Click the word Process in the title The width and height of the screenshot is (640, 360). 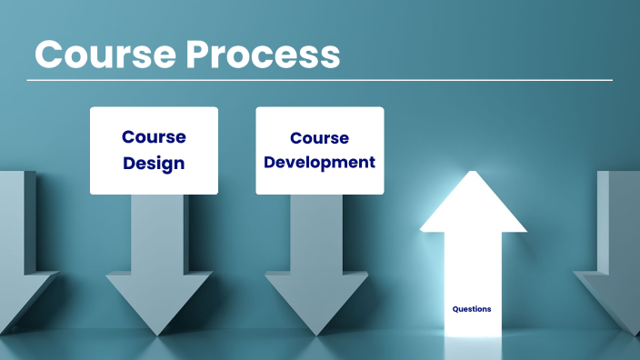click(x=263, y=55)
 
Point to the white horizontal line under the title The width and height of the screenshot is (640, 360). click(x=319, y=80)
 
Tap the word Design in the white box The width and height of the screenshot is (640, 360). click(x=154, y=164)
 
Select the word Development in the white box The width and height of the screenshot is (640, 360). click(x=319, y=163)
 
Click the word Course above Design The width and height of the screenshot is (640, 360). click(x=154, y=137)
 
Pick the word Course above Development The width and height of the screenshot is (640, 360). click(x=319, y=138)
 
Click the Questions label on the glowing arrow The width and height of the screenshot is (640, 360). click(x=472, y=309)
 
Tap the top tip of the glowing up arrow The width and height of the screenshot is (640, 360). click(x=473, y=172)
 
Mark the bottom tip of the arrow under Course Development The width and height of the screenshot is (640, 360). click(x=317, y=334)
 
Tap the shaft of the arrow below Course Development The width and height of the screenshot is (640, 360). click(x=317, y=236)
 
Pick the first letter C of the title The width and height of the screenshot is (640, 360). click(x=49, y=55)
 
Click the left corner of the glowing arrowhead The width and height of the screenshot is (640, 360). click(x=422, y=230)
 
